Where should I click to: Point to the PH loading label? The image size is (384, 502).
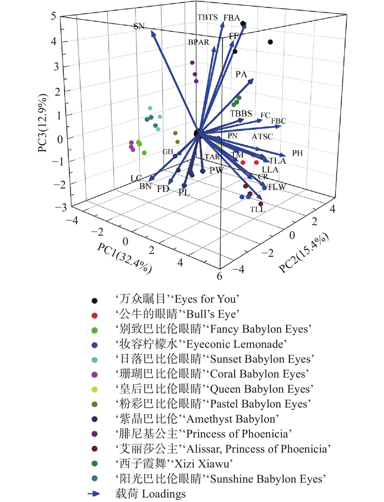pos(298,153)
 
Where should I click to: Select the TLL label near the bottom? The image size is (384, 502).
pos(257,209)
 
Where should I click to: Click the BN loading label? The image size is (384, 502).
pos(146,186)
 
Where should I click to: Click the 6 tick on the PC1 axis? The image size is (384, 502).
pos(220,276)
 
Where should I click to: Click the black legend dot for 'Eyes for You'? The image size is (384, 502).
pos(95,301)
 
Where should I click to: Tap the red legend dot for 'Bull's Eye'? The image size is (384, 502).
pos(95,315)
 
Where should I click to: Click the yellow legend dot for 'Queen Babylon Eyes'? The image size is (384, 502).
pos(95,389)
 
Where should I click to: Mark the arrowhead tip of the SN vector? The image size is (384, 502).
pos(151,31)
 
